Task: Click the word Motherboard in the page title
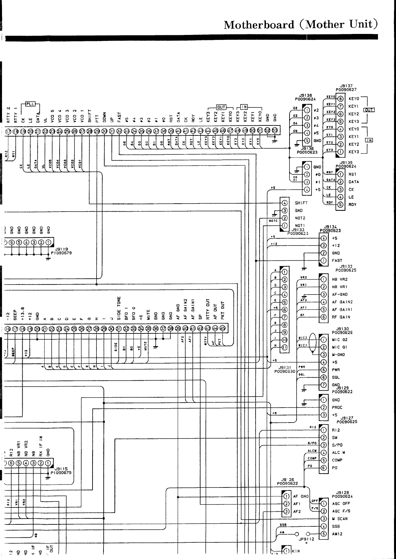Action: [x=259, y=25]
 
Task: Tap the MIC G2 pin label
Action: [x=339, y=340]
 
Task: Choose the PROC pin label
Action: [x=337, y=407]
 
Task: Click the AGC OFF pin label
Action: [x=341, y=503]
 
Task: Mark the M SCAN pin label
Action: [x=340, y=519]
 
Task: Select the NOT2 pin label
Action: [x=300, y=218]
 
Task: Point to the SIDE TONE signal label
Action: [x=119, y=307]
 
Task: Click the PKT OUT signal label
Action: [x=223, y=309]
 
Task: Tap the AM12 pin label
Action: [x=337, y=534]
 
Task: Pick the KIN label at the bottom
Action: [x=296, y=551]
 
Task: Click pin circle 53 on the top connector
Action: [x=275, y=130]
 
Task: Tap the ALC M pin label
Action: [x=338, y=453]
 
